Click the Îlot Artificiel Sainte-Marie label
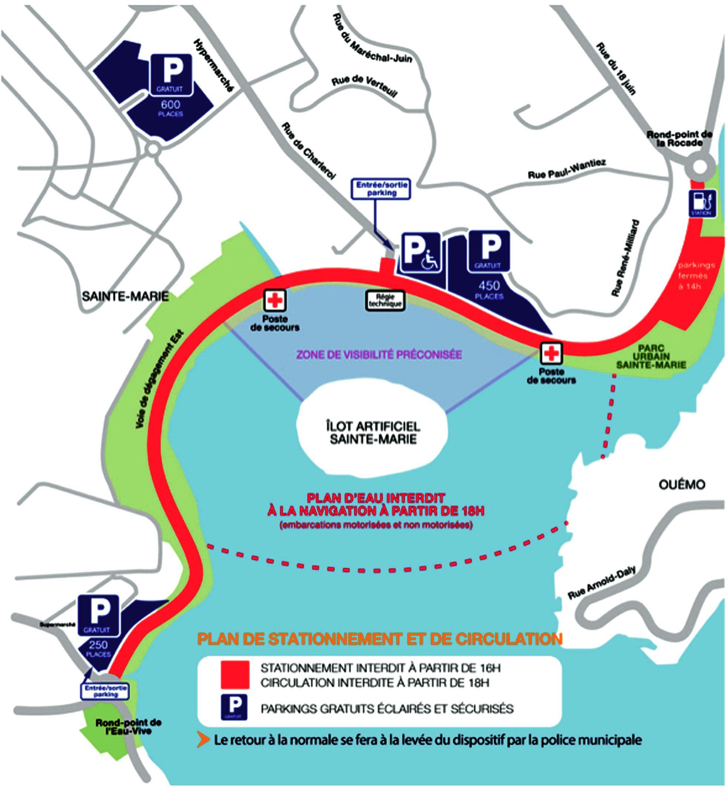pyautogui.click(x=373, y=432)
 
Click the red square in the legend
pyautogui.click(x=235, y=674)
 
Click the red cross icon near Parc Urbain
pyautogui.click(x=552, y=353)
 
